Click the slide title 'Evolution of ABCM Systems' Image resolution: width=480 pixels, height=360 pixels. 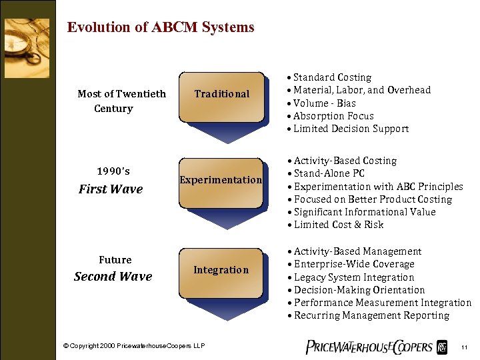click(x=161, y=27)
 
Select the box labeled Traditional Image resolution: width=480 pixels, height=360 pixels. click(x=221, y=95)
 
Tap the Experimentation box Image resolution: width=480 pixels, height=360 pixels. click(x=221, y=180)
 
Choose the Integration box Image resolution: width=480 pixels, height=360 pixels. click(x=221, y=270)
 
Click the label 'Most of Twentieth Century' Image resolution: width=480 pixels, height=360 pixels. click(x=121, y=101)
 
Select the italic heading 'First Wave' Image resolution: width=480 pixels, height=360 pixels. click(x=111, y=189)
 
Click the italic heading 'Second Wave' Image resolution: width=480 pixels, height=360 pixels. click(x=113, y=277)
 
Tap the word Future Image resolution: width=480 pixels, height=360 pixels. click(x=115, y=260)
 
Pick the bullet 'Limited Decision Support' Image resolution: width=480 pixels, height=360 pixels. click(x=351, y=129)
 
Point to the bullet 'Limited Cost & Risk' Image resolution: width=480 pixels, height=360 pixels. click(x=338, y=225)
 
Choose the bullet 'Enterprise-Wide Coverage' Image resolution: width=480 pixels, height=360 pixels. click(x=353, y=264)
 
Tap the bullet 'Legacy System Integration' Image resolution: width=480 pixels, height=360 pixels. click(x=353, y=277)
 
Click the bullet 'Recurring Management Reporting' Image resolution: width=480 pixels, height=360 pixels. click(x=371, y=315)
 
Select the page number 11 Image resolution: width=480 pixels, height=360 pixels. click(x=464, y=347)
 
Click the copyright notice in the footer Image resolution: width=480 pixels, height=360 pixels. click(x=134, y=347)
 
